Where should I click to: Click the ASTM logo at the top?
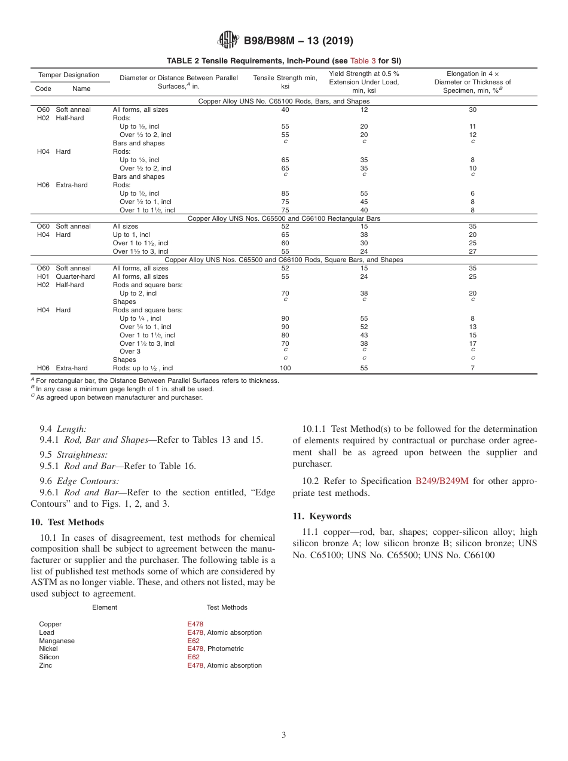228,41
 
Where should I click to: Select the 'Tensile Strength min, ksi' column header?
285,82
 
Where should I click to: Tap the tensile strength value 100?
285,368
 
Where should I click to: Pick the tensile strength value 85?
285,193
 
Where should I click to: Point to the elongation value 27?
472,251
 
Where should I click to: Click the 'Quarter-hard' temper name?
75,276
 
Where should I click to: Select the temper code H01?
43,276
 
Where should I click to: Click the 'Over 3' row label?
130,351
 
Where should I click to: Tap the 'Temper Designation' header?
69,75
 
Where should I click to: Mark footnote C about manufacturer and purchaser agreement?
117,397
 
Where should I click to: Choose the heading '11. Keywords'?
322,516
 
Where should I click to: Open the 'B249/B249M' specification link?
442,481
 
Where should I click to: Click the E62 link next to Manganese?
194,641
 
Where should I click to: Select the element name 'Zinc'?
45,665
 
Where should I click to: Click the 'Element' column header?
105,607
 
